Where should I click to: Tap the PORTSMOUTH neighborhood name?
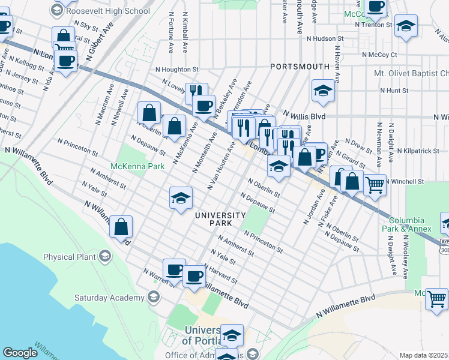300,66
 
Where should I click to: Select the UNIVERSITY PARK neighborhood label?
220,219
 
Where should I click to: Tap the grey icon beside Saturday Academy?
154,297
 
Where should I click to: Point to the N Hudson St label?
324,38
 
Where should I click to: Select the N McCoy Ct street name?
380,54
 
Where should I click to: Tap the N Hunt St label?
394,91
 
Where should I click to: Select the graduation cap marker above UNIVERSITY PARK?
180,199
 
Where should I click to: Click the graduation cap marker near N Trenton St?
406,25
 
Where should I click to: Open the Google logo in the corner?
20,353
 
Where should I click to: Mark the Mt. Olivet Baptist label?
411,73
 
